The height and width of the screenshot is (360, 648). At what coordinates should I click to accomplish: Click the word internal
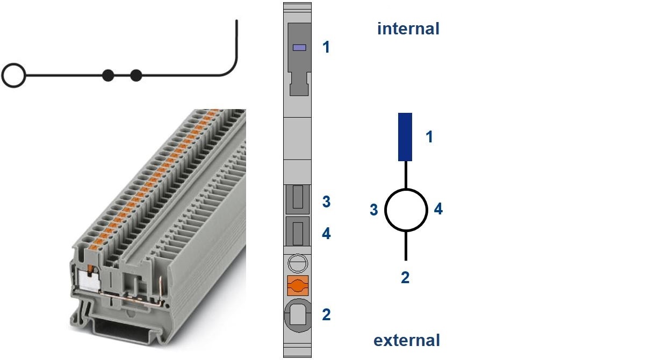click(408, 28)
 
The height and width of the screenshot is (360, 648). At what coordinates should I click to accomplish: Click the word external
click(407, 340)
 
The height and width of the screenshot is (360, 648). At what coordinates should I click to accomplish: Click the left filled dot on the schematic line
click(108, 75)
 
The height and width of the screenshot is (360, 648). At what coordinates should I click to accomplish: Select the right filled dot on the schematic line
click(136, 75)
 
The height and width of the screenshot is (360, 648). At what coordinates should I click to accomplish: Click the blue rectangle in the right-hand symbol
click(405, 137)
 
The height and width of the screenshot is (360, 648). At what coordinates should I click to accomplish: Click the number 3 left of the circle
click(374, 210)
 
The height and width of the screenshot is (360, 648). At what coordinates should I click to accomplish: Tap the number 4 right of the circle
click(438, 209)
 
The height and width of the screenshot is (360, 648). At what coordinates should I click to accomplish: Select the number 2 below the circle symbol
click(405, 278)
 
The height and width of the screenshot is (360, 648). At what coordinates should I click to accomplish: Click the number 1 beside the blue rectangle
click(429, 136)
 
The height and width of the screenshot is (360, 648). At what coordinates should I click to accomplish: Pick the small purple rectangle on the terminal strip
click(299, 47)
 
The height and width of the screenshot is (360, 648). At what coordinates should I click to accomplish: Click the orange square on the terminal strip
click(298, 286)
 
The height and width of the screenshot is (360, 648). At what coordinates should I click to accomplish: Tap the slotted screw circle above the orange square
click(298, 263)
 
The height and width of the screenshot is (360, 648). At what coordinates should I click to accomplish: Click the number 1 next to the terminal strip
click(326, 47)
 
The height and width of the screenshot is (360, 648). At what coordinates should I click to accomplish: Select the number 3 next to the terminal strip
click(326, 201)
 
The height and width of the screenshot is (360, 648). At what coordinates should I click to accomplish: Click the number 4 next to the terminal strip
click(326, 233)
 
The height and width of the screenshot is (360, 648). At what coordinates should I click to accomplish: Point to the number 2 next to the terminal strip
click(326, 314)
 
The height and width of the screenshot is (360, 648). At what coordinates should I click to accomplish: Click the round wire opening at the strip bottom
click(298, 316)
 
